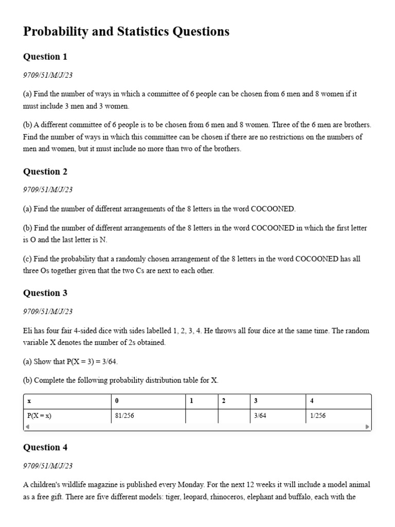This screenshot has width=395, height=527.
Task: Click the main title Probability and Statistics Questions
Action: (x=126, y=32)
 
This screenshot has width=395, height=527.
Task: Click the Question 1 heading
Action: (x=45, y=57)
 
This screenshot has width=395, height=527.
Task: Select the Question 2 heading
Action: (x=45, y=172)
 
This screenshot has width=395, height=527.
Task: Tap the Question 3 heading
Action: (x=45, y=293)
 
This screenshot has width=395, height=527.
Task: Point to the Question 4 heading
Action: (x=45, y=448)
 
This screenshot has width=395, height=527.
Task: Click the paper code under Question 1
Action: (x=48, y=75)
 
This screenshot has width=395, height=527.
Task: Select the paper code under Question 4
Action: (x=48, y=466)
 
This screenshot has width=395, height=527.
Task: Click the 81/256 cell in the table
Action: (x=125, y=416)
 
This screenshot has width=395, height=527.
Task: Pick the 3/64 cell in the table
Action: (x=260, y=416)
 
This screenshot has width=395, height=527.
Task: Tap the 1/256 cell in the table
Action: (x=318, y=416)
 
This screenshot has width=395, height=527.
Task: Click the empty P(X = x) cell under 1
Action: (x=202, y=416)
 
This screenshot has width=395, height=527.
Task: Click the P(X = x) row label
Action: (x=39, y=416)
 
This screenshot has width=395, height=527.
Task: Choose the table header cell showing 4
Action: (x=312, y=401)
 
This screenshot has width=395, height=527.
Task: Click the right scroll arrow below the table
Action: (x=367, y=427)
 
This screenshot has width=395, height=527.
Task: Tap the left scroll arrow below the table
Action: (x=27, y=427)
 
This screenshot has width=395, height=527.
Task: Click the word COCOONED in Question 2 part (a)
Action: (x=273, y=209)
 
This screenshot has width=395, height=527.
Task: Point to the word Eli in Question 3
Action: (x=28, y=330)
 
